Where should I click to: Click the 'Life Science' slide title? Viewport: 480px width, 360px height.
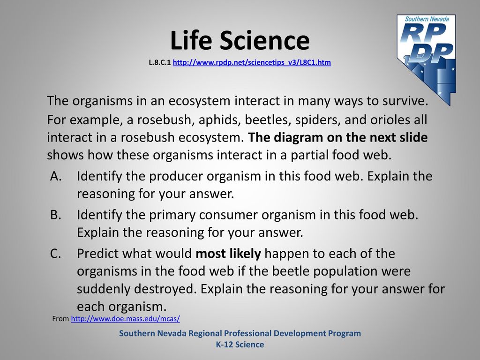[x=240, y=40]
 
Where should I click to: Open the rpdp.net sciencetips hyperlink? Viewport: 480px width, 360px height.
[x=252, y=62]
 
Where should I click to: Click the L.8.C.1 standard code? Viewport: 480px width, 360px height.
[x=159, y=62]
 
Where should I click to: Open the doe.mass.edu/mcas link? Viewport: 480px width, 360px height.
[x=125, y=319]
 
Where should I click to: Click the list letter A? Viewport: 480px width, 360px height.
[x=56, y=176]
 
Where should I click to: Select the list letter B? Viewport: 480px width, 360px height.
[x=56, y=215]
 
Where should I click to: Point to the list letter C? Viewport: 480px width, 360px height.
[x=56, y=254]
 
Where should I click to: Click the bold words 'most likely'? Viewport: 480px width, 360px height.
[x=228, y=254]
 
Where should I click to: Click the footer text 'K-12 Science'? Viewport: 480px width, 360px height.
[x=240, y=345]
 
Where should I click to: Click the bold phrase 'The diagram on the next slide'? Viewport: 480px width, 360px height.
[x=337, y=137]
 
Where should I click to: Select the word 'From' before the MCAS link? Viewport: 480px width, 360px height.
[x=60, y=319]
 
